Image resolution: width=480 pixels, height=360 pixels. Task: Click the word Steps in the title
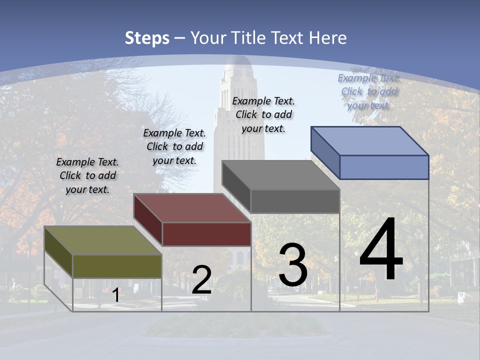[x=147, y=38]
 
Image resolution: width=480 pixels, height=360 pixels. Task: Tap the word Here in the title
[x=328, y=38]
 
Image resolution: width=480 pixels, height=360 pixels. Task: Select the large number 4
[x=381, y=250]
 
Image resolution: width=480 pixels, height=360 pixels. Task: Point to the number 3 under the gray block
[x=293, y=265]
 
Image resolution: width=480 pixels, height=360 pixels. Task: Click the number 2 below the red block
[x=201, y=280]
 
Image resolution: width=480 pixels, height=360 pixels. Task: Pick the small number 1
[x=115, y=295]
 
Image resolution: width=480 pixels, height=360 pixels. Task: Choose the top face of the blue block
[x=370, y=141]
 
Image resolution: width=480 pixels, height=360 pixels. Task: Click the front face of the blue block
[x=384, y=167]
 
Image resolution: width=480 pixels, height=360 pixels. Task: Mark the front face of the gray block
[x=295, y=201]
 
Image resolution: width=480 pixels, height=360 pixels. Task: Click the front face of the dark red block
[x=206, y=234]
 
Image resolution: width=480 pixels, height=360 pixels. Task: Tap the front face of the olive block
[x=117, y=266]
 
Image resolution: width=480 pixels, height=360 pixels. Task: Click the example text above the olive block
[x=87, y=175]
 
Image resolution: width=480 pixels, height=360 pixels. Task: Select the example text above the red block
[x=174, y=146]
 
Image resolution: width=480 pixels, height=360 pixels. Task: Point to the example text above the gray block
[x=263, y=114]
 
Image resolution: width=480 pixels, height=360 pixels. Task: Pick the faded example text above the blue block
[x=369, y=91]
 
